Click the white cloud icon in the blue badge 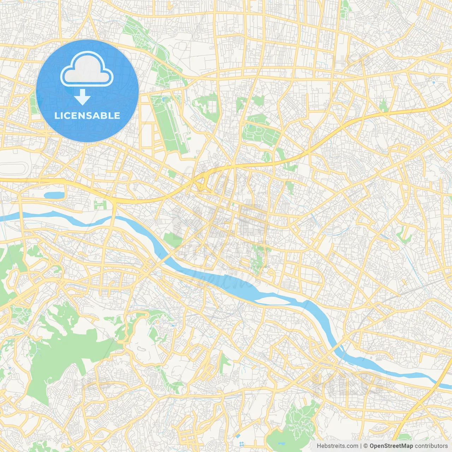[87, 70]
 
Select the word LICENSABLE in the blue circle [87, 115]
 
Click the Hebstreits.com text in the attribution [337, 446]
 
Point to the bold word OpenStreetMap [391, 446]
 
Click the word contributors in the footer [431, 446]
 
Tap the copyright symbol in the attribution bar [366, 446]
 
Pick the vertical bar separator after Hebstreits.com [361, 446]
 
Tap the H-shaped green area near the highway [100, 204]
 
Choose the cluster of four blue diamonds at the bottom [242, 444]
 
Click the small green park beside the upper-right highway [383, 105]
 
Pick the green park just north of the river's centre [258, 260]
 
